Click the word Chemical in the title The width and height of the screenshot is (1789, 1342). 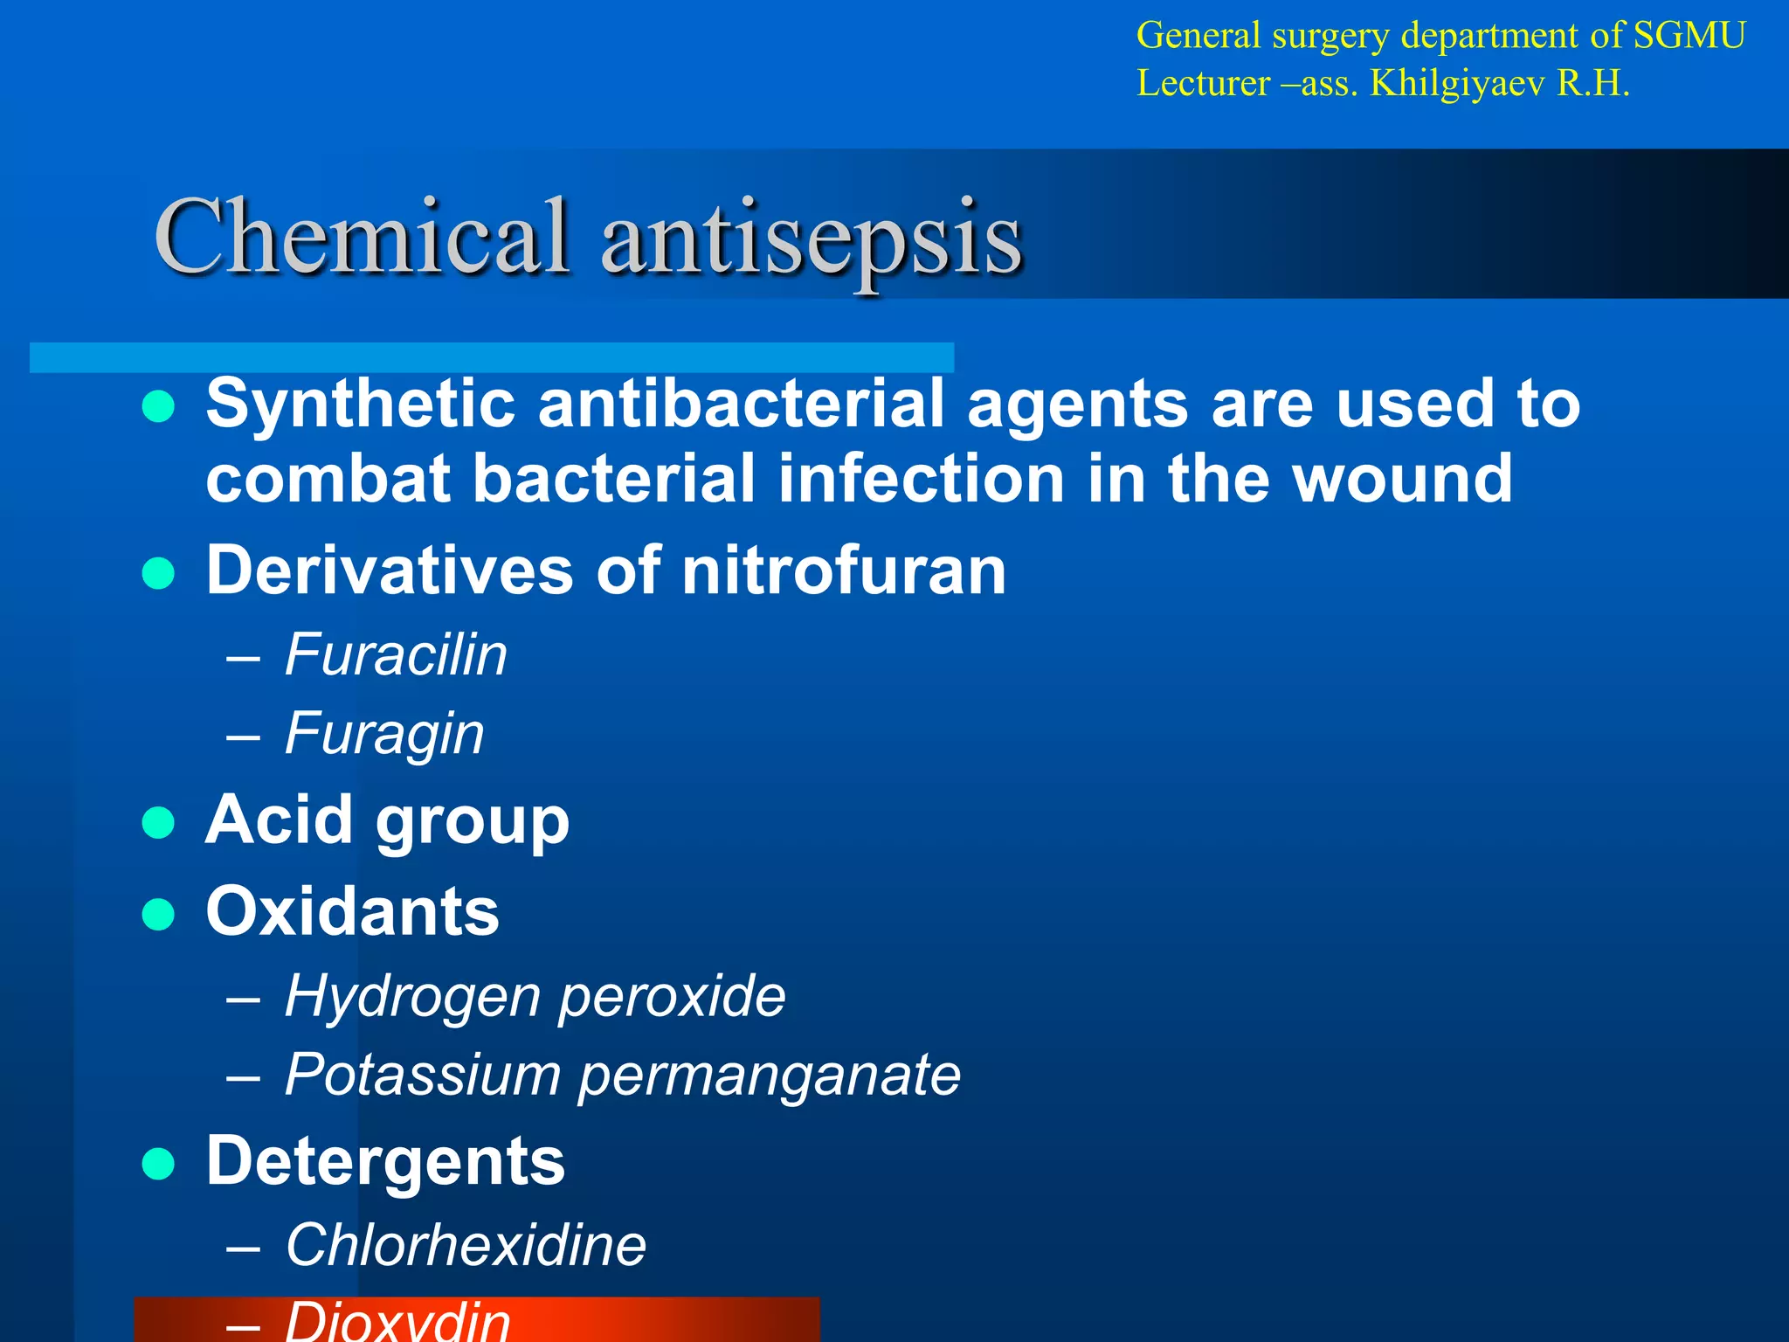[x=361, y=236]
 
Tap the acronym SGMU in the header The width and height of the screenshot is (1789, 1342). [x=1689, y=36]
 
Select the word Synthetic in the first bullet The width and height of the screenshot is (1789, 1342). [x=361, y=404]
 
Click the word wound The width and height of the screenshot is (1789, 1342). [x=1402, y=479]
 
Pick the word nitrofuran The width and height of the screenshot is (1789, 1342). [x=844, y=570]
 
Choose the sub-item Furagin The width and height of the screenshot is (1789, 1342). [x=384, y=733]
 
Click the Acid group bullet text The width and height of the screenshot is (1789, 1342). [x=387, y=820]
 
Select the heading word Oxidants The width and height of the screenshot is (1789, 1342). [x=352, y=911]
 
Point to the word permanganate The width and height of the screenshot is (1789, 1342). [x=770, y=1075]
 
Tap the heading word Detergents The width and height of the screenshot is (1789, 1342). [x=385, y=1161]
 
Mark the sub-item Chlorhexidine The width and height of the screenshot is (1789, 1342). [x=466, y=1244]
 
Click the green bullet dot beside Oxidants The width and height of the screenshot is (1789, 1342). [x=158, y=914]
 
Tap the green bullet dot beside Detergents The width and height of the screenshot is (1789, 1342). [x=158, y=1164]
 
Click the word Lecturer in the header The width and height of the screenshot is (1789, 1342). [x=1203, y=84]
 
